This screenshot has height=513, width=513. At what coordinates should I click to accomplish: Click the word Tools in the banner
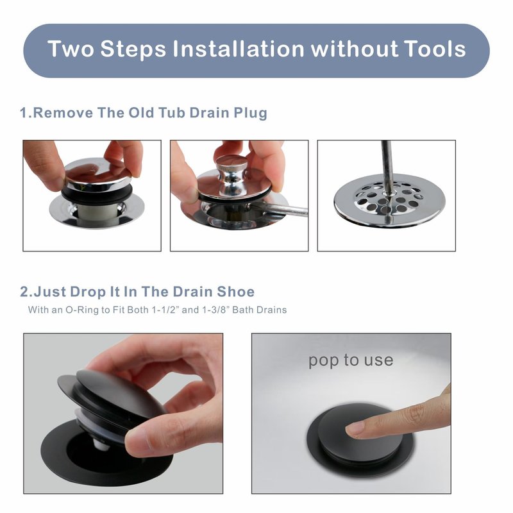pos(434,49)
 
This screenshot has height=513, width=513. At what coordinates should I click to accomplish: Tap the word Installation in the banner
pos(239,49)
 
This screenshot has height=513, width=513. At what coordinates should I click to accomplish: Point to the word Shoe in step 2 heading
pos(235,292)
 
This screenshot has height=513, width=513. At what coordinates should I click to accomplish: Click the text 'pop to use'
pos(351,360)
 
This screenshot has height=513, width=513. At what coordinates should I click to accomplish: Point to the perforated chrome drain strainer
pos(390,200)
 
